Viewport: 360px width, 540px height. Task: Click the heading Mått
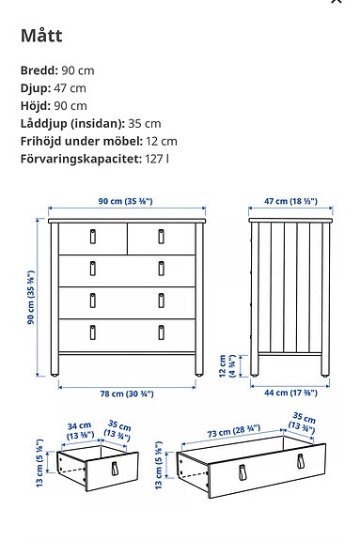coord(41,37)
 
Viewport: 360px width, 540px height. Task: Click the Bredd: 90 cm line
coord(57,70)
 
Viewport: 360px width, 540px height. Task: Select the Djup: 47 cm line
coord(53,88)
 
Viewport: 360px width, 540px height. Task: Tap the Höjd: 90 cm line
coord(54,106)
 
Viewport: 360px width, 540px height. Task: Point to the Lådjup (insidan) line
coord(90,124)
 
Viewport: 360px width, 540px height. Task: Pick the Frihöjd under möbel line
coord(99,141)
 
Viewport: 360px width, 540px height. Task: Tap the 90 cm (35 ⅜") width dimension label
coord(125,202)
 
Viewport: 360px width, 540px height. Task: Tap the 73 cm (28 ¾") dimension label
coord(234,430)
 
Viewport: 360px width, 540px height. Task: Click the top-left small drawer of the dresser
coord(92,238)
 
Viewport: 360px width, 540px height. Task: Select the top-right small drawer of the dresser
coord(160,238)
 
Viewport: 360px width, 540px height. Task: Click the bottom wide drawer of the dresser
coord(126,332)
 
